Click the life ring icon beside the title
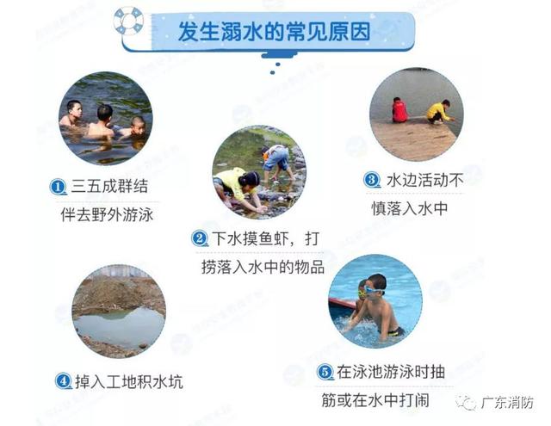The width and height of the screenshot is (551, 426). [128, 21]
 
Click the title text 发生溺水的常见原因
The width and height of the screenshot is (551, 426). [275, 32]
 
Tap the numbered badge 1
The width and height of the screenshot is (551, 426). [58, 187]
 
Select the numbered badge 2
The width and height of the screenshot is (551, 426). [200, 238]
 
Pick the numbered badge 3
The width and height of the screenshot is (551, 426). [371, 180]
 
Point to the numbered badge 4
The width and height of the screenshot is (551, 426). [64, 380]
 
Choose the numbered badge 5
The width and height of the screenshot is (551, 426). [325, 372]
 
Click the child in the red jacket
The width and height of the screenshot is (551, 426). [399, 110]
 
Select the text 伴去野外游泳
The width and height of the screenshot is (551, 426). [107, 214]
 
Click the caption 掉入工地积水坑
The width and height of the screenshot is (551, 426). [128, 381]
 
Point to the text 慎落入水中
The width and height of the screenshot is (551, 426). [410, 208]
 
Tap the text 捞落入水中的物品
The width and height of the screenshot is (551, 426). [263, 267]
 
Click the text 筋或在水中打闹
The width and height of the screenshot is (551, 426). [375, 400]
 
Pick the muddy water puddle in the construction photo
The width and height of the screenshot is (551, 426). [119, 327]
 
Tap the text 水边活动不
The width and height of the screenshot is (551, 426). [425, 180]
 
